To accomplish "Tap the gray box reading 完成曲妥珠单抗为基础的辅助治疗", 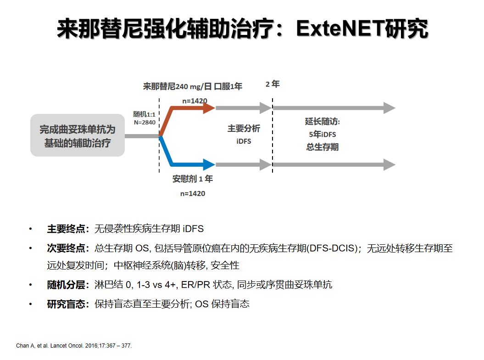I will (78, 135).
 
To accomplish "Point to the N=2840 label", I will (145, 123).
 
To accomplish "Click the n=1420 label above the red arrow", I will (195, 101).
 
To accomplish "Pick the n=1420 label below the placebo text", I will (193, 193).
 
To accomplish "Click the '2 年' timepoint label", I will (273, 84).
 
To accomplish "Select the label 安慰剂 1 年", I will (193, 179).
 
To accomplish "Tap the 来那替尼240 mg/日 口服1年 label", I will (193, 86).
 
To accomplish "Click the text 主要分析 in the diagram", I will (244, 129).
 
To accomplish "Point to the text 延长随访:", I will (323, 122).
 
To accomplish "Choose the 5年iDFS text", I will (323, 135).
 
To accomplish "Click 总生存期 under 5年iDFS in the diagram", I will (323, 147).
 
